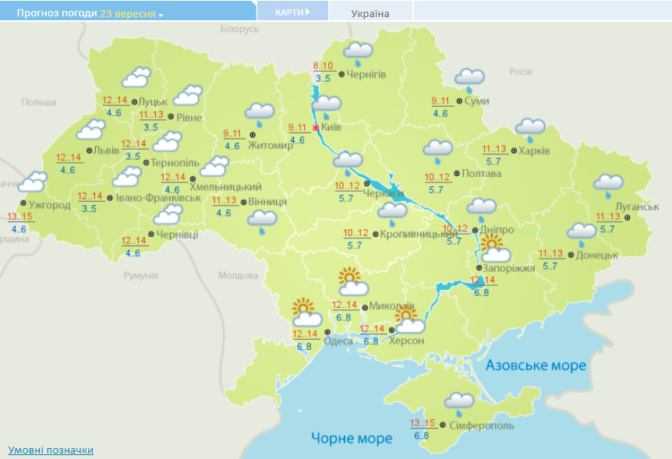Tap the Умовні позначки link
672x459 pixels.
tap(51, 450)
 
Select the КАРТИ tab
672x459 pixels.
tap(292, 12)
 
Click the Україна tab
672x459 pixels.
tap(370, 13)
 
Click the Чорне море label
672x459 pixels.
tap(352, 438)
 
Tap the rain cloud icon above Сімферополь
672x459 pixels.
tap(459, 402)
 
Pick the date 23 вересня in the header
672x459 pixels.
tap(128, 14)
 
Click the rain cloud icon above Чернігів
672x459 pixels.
tap(358, 53)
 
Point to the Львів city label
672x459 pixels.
tap(106, 150)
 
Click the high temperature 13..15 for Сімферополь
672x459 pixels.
tap(422, 423)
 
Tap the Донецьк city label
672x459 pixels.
tap(598, 255)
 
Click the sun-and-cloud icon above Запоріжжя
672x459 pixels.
tap(494, 249)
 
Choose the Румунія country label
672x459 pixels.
tap(140, 276)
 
